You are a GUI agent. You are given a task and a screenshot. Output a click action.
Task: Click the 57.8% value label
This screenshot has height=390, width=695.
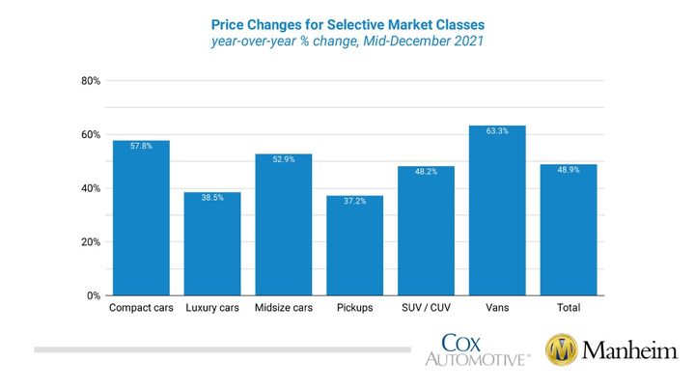coord(141,147)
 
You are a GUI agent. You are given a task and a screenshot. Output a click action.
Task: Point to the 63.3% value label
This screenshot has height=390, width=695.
coord(496,132)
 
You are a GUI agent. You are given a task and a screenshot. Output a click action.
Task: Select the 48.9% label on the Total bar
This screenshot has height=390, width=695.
coord(568,171)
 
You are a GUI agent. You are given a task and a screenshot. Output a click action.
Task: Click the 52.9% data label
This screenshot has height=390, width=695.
coord(283,160)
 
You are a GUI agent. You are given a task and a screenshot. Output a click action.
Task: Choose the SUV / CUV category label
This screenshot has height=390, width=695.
coord(426,308)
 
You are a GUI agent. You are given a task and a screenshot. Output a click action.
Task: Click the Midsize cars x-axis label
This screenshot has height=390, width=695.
coord(283,308)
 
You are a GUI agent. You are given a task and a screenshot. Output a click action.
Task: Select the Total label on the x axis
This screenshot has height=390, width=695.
coord(568,308)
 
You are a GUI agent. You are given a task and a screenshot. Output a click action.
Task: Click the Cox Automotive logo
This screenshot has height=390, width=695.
coord(477,349)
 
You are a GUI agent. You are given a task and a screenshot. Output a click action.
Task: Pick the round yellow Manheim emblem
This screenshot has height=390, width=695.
coord(564,349)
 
